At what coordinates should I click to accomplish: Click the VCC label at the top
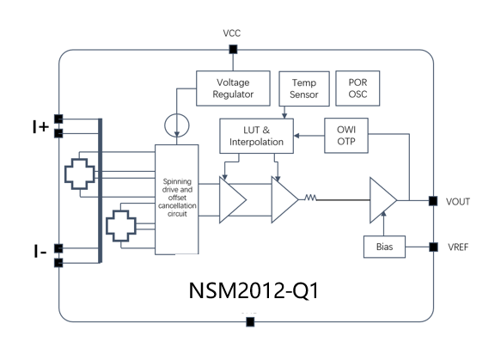[x=232, y=33]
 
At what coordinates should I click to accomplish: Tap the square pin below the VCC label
[x=232, y=50]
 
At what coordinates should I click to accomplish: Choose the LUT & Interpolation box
[x=256, y=135]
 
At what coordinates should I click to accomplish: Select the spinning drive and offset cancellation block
[x=177, y=199]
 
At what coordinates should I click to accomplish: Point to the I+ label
[x=39, y=126]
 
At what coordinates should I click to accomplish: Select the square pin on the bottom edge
[x=250, y=322]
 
